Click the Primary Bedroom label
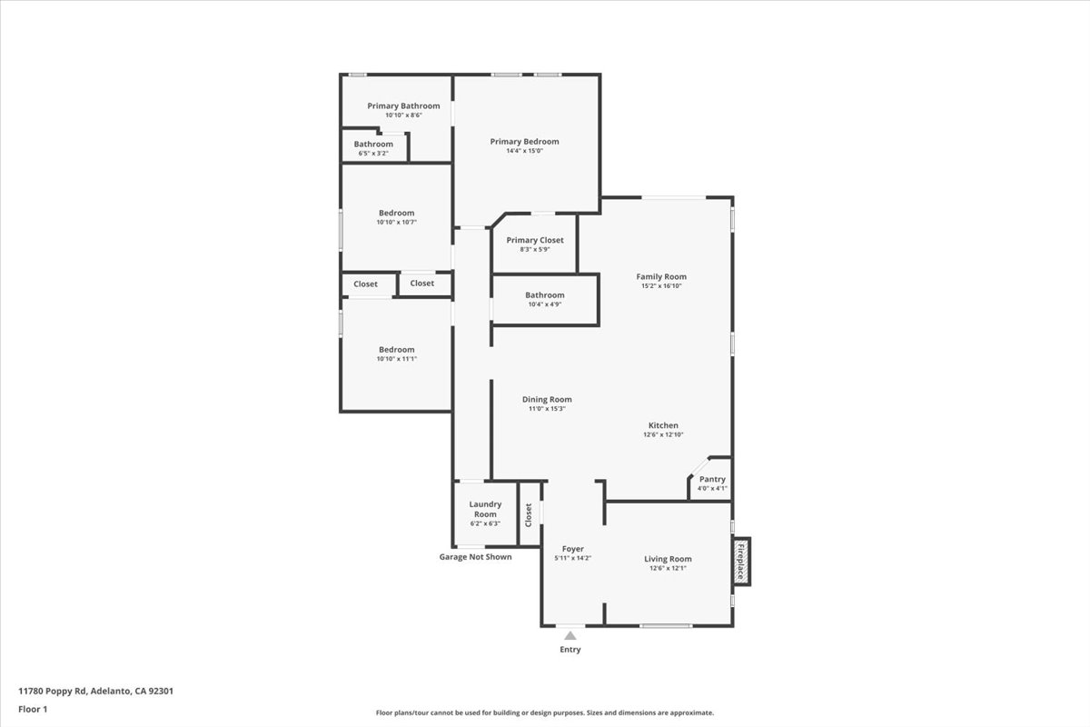[x=524, y=142]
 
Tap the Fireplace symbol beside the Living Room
[x=741, y=562]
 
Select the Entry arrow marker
[x=570, y=636]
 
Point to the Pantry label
[x=712, y=479]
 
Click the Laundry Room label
[x=485, y=509]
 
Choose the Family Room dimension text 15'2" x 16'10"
[x=660, y=286]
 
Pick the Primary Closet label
[x=535, y=240]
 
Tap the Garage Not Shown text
[x=475, y=557]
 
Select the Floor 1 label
[x=33, y=708]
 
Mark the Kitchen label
[x=663, y=425]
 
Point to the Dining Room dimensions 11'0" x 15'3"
[x=547, y=409]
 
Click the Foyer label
[x=572, y=549]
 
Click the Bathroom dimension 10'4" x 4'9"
[x=544, y=304]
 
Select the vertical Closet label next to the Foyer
[x=529, y=515]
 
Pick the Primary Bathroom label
[x=403, y=106]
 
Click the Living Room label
[x=668, y=559]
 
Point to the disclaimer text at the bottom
[x=545, y=713]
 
